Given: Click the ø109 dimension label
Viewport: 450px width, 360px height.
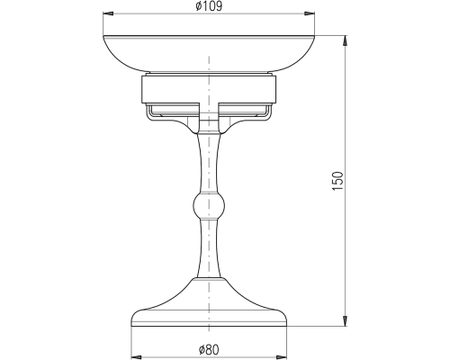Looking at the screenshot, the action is click(x=209, y=6).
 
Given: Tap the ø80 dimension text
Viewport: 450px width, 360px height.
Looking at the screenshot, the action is click(x=209, y=349).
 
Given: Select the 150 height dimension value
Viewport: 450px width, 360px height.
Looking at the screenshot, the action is click(x=337, y=181).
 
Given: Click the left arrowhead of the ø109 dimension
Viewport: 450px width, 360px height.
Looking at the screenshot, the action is click(x=108, y=13).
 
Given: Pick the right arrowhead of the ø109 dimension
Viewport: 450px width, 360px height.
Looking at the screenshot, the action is click(x=310, y=13).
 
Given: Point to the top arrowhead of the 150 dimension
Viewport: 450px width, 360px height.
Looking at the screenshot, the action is click(x=346, y=41).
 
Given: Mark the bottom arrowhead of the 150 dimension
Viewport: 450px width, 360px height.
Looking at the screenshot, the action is click(x=346, y=320).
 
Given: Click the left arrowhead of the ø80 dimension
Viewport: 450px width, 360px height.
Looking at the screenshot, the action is click(x=137, y=356).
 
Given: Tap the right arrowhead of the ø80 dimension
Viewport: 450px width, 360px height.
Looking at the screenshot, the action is click(x=282, y=356).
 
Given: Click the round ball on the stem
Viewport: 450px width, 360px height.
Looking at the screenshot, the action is click(x=209, y=206).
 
